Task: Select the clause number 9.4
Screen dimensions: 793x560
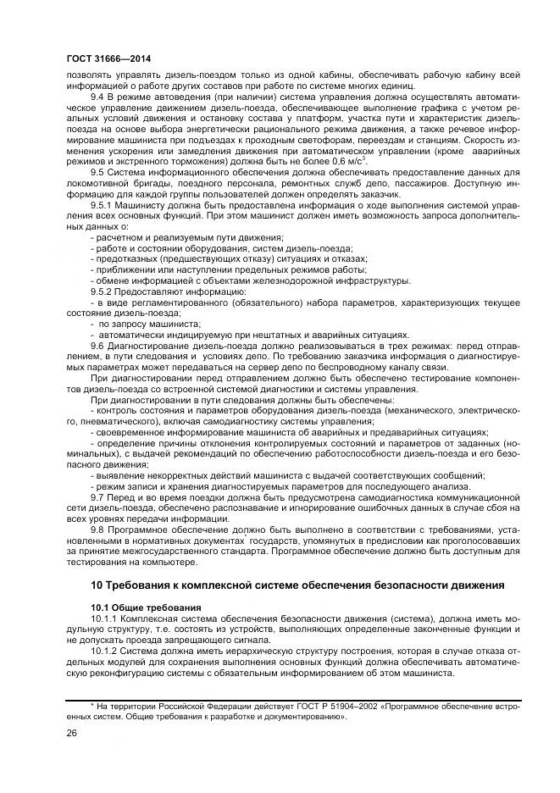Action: pyautogui.click(x=98, y=97)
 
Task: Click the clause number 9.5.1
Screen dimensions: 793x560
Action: pyautogui.click(x=103, y=204)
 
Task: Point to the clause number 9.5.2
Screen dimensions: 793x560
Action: pyautogui.click(x=103, y=291)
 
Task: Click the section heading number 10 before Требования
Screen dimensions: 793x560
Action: pyautogui.click(x=97, y=585)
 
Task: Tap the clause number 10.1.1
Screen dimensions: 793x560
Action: pyautogui.click(x=106, y=618)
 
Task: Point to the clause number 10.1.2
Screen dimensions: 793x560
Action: pyautogui.click(x=106, y=652)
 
